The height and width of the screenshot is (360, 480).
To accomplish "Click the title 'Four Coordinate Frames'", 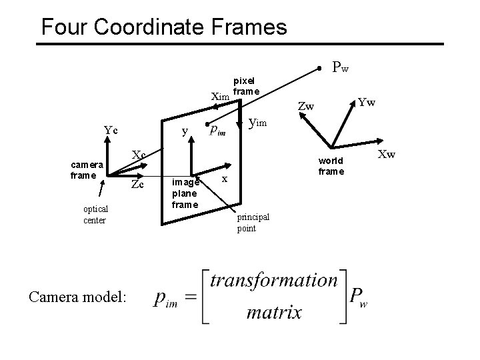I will (164, 27).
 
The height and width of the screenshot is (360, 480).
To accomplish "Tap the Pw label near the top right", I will (341, 67).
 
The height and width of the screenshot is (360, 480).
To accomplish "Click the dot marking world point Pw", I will (320, 68).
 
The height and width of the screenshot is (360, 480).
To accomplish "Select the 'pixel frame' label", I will (247, 85).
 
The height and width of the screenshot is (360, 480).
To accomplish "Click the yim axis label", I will (259, 122).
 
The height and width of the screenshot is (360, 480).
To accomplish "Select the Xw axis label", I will (387, 155).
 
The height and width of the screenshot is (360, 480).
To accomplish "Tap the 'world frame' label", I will (331, 166).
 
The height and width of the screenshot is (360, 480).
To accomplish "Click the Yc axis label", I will (111, 131).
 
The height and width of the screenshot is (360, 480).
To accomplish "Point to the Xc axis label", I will (139, 155).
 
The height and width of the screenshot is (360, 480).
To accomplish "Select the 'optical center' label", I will (95, 214).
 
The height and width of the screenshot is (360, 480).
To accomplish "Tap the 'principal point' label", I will (253, 223).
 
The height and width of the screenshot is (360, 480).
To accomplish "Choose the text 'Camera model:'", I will (77, 298).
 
